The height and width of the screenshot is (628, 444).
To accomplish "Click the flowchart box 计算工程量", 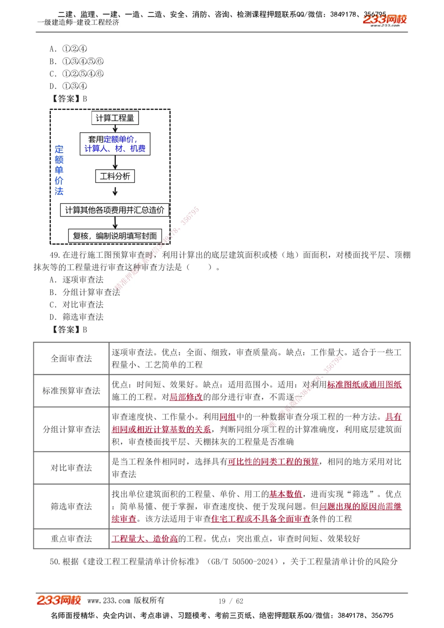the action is click(115, 118).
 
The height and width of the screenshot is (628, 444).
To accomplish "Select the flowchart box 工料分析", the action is click(115, 176).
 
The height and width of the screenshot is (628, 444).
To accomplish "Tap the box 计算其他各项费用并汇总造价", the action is click(115, 210).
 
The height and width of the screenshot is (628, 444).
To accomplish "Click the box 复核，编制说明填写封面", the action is click(115, 236).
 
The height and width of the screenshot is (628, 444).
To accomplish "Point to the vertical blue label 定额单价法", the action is click(59, 170).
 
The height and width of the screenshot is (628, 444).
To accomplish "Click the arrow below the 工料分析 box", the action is click(115, 191).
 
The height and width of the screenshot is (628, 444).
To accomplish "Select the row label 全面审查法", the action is click(71, 359).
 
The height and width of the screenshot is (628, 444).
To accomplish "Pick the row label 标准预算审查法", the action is click(71, 391).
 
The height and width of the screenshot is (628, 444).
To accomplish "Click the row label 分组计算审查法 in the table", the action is click(71, 429).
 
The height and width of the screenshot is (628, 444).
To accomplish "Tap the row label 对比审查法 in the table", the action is click(71, 468).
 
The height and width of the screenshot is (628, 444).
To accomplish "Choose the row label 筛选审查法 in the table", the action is click(71, 506).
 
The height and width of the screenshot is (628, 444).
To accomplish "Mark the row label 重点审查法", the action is click(71, 539).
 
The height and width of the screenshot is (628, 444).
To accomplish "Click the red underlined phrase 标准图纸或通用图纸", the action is click(364, 385).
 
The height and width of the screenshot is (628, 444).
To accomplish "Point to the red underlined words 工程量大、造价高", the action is click(145, 539).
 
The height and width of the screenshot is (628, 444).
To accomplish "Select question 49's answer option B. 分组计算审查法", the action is click(85, 292).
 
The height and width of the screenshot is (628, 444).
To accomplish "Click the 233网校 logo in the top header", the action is click(385, 20).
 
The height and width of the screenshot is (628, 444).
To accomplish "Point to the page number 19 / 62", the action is click(231, 601).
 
